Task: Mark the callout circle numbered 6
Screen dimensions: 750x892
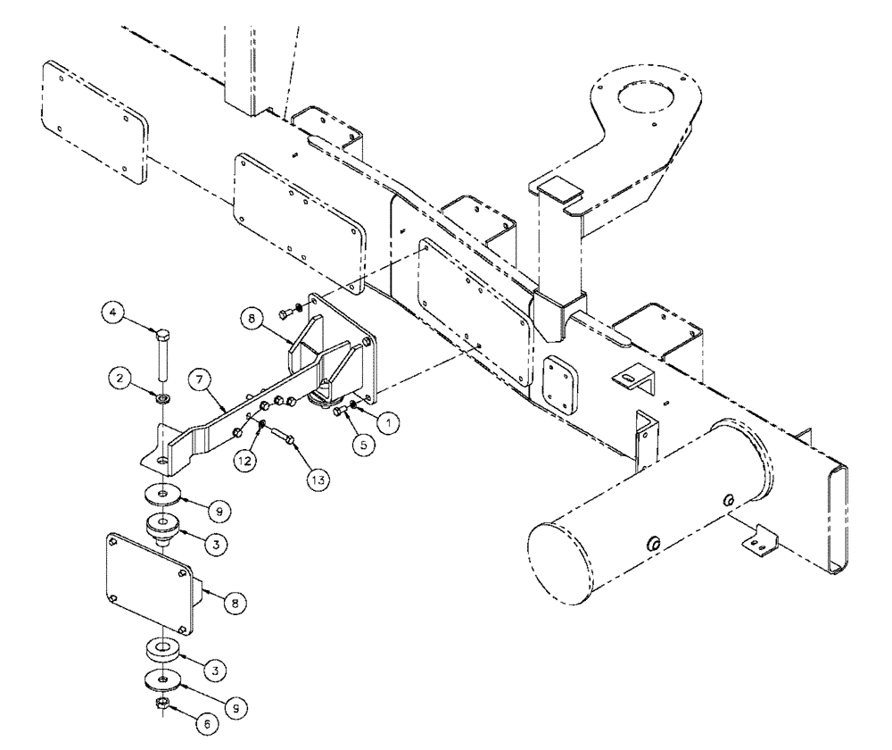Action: (207, 725)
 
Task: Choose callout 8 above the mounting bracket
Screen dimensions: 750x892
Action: (251, 317)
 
